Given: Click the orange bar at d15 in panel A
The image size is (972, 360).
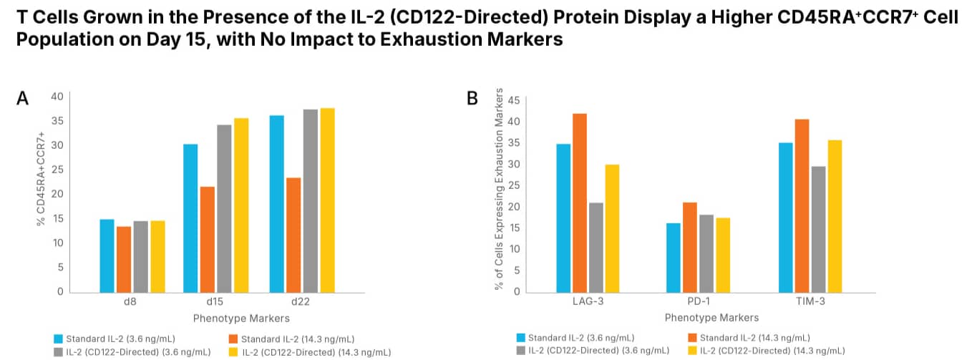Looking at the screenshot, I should (207, 239).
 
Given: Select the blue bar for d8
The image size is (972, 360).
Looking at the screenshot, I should (107, 256).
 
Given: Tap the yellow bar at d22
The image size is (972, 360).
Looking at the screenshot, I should (327, 200).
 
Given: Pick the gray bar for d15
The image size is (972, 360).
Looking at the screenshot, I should (224, 208).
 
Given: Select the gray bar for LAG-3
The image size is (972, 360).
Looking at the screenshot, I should (596, 247).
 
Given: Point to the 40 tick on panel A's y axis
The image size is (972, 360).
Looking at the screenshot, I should (57, 97).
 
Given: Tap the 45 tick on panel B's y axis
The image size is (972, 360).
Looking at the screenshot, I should (512, 100).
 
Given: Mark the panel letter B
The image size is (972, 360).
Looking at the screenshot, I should (472, 98).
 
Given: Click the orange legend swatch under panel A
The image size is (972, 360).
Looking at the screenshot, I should (234, 339).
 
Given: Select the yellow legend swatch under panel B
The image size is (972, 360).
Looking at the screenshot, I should (691, 351).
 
